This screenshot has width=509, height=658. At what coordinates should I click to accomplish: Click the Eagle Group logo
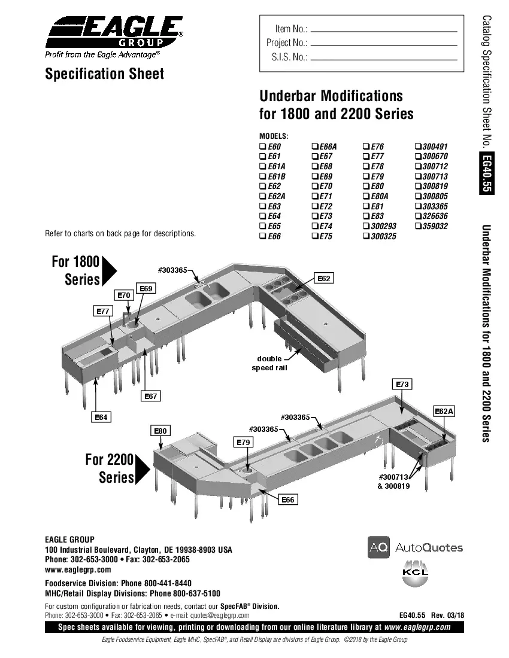[x=114, y=35]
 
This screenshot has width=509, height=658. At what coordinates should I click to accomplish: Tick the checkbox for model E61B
[x=262, y=176]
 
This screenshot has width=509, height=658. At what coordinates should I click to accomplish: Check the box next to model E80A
[x=365, y=196]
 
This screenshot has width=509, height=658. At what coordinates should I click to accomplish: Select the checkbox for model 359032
[x=417, y=227]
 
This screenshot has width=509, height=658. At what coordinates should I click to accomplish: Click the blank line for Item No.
[x=384, y=30]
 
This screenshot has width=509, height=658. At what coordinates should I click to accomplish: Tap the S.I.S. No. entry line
[x=384, y=59]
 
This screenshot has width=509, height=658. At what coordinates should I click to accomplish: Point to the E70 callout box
[x=124, y=295]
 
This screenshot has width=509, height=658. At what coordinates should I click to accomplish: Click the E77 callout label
[x=103, y=311]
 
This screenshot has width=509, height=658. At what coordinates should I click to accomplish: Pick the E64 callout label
[x=101, y=417]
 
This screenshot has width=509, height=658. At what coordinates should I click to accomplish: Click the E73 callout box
[x=402, y=384]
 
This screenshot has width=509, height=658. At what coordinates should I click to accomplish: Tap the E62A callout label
[x=444, y=411]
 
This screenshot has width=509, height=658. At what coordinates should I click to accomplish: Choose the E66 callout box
[x=288, y=499]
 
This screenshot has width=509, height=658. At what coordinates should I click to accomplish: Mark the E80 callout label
[x=160, y=431]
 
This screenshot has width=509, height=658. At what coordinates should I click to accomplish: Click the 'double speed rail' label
[x=269, y=363]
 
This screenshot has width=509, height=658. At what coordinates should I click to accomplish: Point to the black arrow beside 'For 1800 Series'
[x=109, y=271]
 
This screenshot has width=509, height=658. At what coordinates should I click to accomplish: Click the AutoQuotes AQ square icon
[x=378, y=547]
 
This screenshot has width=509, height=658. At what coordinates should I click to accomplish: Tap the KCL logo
[x=415, y=571]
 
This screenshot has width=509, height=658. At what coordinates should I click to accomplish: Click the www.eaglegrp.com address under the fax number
[x=78, y=569]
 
